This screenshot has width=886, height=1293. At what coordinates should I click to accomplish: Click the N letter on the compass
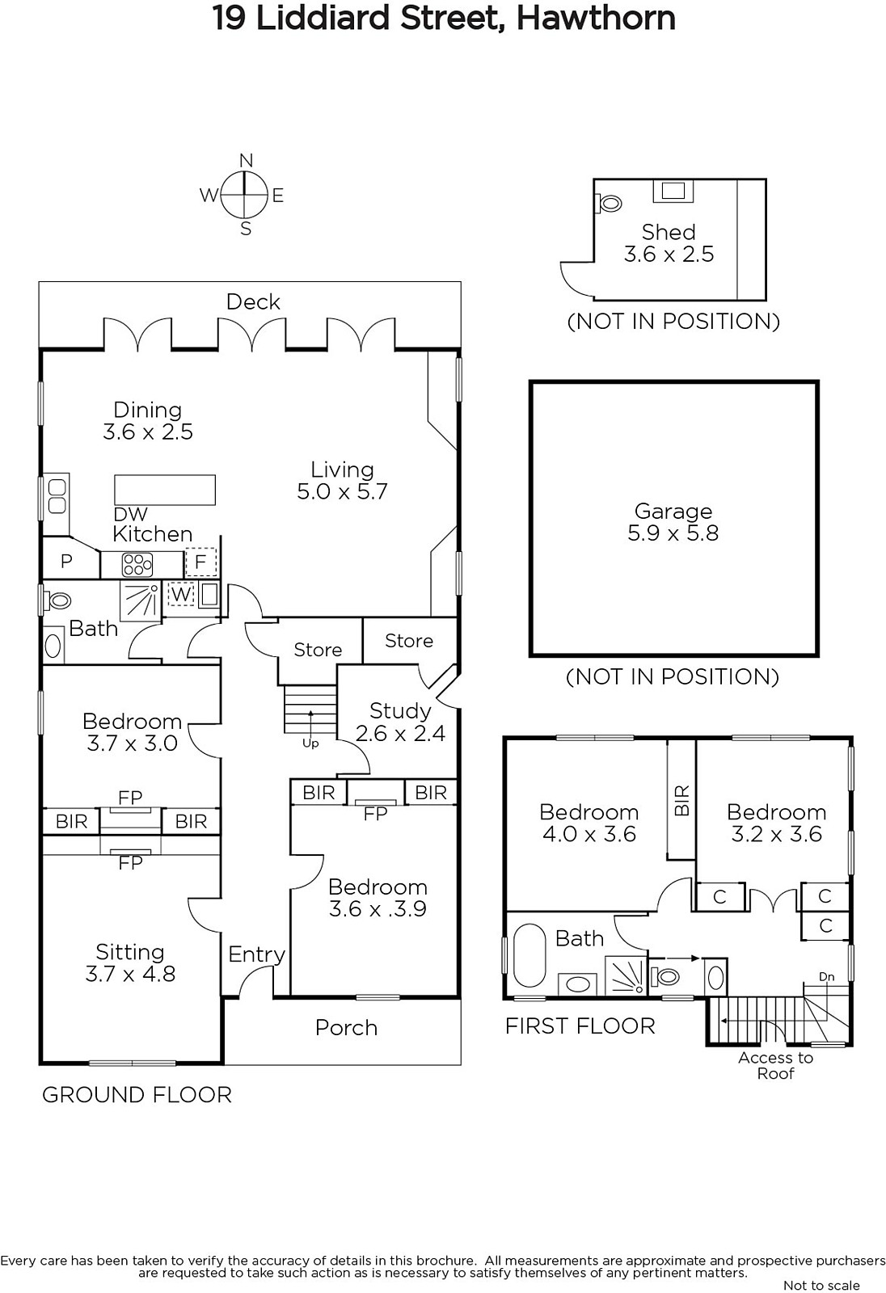[246, 161]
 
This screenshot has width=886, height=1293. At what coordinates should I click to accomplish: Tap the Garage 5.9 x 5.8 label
[673, 522]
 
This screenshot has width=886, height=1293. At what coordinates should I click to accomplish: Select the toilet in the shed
[608, 203]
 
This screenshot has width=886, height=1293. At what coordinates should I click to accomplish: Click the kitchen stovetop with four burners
[137, 565]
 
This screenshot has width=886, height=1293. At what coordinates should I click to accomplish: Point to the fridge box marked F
[200, 562]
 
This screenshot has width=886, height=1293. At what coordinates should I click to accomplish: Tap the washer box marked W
[181, 594]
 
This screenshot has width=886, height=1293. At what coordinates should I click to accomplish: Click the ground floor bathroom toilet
[57, 600]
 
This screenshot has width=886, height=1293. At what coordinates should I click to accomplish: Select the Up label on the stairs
[310, 743]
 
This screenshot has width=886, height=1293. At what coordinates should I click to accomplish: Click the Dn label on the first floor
[826, 977]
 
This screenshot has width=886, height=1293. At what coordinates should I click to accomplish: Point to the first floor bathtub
[529, 955]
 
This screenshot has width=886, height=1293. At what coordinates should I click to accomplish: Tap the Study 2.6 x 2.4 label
[400, 722]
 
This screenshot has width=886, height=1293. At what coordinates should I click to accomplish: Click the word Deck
[253, 302]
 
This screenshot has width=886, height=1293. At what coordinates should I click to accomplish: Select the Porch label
[346, 1028]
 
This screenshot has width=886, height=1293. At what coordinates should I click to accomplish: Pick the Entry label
[256, 954]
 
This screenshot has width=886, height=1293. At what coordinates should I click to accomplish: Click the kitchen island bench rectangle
[165, 490]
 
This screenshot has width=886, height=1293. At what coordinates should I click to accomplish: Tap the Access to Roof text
[776, 1066]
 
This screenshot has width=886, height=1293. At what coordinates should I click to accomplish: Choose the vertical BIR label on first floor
[682, 800]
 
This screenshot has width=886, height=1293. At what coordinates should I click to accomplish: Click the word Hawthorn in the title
[596, 18]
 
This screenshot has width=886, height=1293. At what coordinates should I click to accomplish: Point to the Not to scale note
[821, 1286]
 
